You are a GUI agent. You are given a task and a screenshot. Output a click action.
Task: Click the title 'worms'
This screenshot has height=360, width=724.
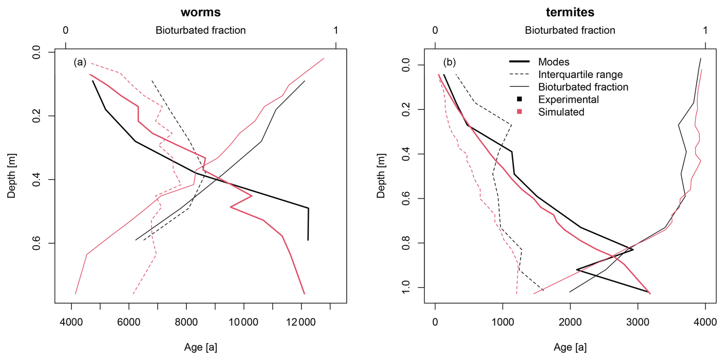(201, 12)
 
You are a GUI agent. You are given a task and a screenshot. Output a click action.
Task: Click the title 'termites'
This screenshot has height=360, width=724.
(570, 12)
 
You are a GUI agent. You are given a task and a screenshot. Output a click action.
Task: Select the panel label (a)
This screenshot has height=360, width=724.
(80, 62)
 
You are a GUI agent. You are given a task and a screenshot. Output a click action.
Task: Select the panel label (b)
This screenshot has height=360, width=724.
(449, 62)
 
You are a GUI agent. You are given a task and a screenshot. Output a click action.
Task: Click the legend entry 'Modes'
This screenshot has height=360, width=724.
(553, 62)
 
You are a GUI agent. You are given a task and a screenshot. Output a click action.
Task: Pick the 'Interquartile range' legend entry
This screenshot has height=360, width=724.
(580, 75)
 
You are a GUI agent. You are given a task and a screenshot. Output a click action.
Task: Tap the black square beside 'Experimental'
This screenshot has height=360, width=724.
(519, 99)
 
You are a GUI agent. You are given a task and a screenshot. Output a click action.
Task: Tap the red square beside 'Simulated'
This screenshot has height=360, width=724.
(519, 112)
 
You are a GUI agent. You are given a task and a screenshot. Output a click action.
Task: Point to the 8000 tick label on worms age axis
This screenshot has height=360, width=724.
(186, 322)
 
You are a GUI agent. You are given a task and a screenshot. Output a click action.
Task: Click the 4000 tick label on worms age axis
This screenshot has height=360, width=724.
(71, 322)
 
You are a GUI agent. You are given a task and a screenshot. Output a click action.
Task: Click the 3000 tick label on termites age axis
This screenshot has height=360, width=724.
(638, 322)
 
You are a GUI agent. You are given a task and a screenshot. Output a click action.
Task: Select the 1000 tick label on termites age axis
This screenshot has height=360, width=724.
(502, 322)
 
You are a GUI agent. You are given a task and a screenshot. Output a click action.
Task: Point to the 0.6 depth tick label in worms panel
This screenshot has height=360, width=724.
(36, 243)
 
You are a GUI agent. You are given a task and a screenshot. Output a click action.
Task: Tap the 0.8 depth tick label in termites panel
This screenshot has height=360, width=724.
(406, 243)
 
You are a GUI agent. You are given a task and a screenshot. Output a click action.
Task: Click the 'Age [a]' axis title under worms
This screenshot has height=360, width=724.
(201, 347)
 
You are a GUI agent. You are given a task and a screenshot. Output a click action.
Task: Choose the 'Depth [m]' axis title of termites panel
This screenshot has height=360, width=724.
(381, 176)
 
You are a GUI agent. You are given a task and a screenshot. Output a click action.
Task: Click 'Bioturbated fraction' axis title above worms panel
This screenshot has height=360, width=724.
(201, 30)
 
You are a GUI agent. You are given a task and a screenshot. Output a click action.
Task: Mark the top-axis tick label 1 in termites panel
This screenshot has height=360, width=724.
(705, 30)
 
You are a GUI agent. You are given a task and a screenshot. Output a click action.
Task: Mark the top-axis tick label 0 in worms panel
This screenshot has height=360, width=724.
(66, 30)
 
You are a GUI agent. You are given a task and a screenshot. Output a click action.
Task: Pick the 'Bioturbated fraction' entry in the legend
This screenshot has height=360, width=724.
(583, 87)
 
